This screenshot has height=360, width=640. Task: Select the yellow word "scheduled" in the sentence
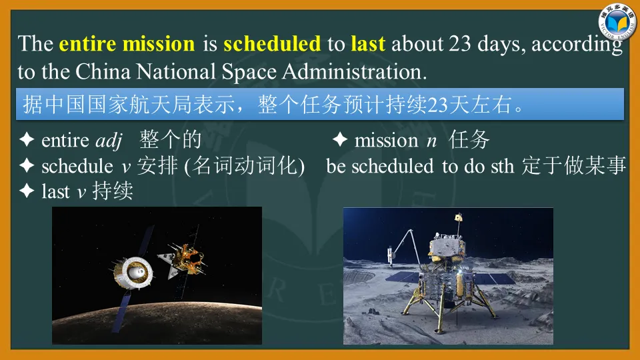(272, 44)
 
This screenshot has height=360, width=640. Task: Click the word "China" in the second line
(103, 72)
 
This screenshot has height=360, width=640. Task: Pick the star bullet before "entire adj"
(27, 139)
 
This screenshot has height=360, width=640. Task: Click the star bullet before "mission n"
(339, 139)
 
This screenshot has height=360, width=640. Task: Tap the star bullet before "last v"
(27, 191)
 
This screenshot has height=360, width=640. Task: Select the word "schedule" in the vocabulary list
(77, 166)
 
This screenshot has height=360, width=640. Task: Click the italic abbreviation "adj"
(109, 141)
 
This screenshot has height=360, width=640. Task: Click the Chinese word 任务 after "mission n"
(469, 140)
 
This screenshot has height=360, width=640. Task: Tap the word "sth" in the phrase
(502, 167)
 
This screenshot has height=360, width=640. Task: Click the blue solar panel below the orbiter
(121, 311)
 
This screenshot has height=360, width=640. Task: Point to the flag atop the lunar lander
(459, 217)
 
